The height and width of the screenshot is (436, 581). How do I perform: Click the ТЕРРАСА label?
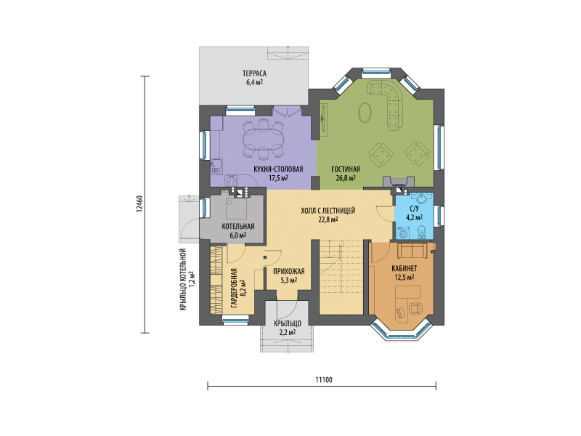click(255, 73)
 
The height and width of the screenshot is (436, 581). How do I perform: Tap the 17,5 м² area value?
click(278, 178)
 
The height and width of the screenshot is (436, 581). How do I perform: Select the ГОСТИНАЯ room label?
click(346, 169)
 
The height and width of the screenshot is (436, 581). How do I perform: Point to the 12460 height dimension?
click(139, 204)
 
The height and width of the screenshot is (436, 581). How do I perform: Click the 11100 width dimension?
click(324, 379)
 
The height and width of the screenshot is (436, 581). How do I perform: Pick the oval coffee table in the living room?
click(365, 112)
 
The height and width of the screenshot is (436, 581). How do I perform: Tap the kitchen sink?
click(215, 167)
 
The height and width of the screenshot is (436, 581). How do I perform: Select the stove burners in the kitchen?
click(232, 181)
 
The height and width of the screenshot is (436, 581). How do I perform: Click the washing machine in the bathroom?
click(403, 233)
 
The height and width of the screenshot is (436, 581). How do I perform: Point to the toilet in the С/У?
click(422, 232)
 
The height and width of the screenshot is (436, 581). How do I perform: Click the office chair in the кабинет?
click(415, 307)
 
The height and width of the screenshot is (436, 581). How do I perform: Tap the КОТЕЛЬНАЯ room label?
click(238, 226)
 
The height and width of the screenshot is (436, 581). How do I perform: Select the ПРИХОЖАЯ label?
click(288, 271)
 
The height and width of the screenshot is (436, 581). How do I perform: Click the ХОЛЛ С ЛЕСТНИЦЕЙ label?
click(328, 211)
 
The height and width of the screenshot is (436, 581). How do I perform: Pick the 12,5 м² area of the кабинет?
click(404, 277)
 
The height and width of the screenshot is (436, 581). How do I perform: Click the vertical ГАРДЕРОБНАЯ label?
click(234, 288)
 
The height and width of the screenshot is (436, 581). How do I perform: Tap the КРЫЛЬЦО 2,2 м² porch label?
click(288, 328)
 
